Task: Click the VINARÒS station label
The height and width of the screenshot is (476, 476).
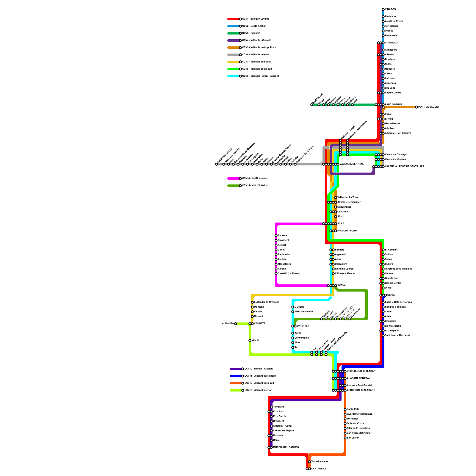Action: pos(390,10)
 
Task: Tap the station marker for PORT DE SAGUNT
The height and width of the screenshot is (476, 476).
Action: pos(416,107)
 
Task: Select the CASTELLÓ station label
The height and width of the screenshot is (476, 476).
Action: pos(391,43)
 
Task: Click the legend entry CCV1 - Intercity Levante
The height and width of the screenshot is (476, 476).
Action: pos(256,19)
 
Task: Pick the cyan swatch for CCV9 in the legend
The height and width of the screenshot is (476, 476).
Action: pos(233,76)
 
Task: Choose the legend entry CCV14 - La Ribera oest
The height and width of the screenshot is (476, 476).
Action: pos(255,178)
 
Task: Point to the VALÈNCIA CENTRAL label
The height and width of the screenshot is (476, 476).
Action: pos(352,164)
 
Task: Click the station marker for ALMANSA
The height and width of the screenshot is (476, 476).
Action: pos(236,324)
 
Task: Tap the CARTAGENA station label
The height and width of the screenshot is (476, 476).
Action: pos(318,469)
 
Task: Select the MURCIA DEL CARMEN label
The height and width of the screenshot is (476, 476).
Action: pos(286,447)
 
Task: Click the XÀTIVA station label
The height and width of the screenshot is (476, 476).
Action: pos(342,286)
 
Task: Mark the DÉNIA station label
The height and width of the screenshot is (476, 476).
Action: pos(391,295)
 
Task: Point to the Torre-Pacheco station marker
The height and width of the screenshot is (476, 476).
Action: pos(309,462)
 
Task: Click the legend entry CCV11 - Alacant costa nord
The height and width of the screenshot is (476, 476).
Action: pos(260,376)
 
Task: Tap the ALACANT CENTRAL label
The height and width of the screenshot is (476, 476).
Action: pos(358,378)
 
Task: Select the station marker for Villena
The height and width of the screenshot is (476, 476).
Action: pos(250,340)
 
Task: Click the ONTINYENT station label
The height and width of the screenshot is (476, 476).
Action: pos(304,326)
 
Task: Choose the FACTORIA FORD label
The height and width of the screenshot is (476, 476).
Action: pos(347,231)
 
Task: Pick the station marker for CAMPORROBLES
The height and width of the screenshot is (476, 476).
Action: pos(217,164)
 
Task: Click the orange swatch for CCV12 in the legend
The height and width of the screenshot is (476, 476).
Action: pos(236,383)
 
